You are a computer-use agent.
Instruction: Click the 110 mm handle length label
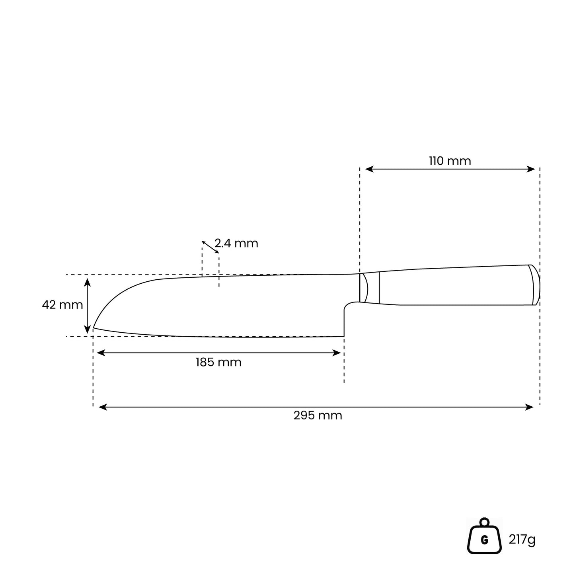450,161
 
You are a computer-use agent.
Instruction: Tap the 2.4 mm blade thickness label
236,244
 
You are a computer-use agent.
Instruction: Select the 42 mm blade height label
62,305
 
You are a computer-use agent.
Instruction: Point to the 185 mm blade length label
218,362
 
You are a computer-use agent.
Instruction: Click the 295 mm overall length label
318,415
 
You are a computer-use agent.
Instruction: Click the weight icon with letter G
484,536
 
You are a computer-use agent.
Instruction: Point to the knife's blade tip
94,328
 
